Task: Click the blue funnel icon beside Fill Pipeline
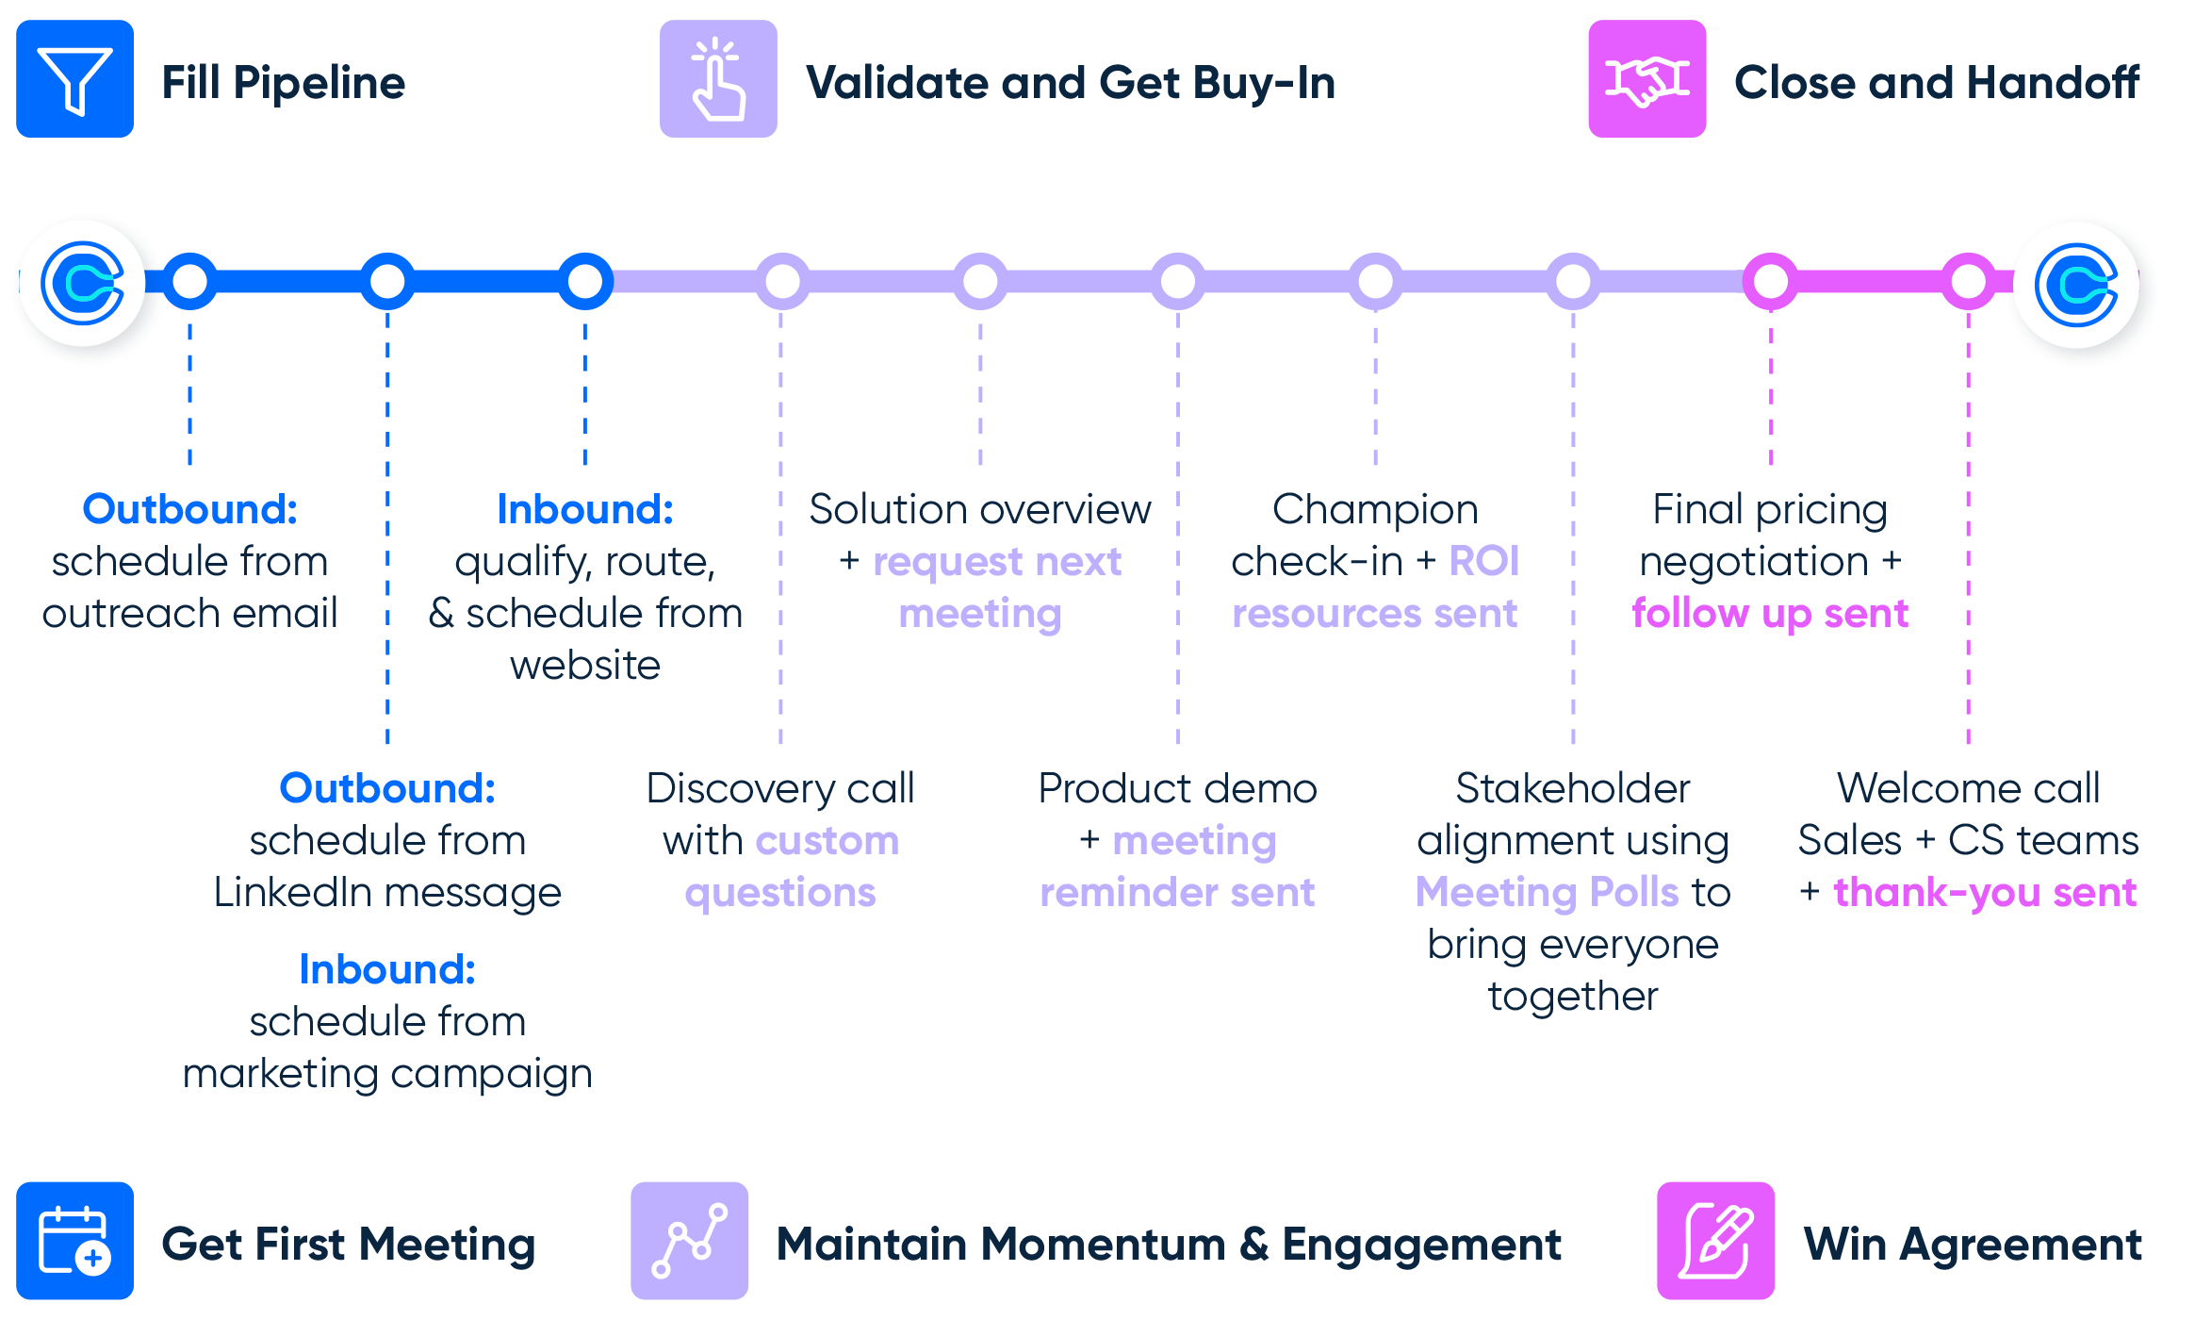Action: (x=74, y=79)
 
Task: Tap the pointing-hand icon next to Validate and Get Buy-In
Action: (x=718, y=79)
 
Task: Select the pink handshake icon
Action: (x=1646, y=79)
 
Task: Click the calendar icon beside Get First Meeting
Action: (x=74, y=1240)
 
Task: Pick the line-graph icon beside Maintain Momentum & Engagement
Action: (x=689, y=1240)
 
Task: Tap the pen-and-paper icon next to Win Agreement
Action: (x=1715, y=1240)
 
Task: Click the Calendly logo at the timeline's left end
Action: (x=83, y=283)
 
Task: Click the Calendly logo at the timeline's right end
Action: (x=2076, y=284)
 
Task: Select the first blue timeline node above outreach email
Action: (x=190, y=281)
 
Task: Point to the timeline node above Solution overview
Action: (x=980, y=281)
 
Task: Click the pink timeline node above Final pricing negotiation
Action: (x=1771, y=281)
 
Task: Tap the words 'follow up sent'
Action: (x=1770, y=614)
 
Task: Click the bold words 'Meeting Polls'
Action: (x=1547, y=892)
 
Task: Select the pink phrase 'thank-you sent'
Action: (x=1984, y=892)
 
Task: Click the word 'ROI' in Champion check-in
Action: (x=1484, y=561)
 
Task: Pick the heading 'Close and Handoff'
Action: (x=1937, y=83)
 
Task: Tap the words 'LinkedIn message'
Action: (x=387, y=892)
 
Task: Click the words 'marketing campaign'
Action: (x=387, y=1073)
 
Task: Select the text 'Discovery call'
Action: (x=780, y=788)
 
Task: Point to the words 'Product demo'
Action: (x=1177, y=788)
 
